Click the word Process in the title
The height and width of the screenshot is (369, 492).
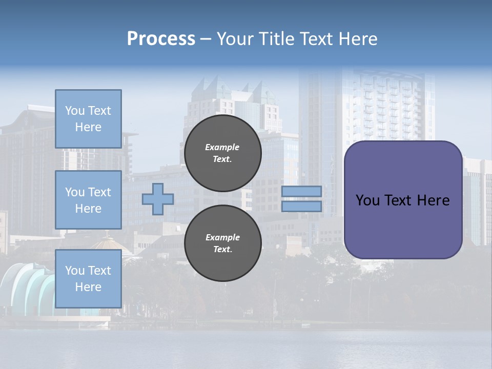pos(161,39)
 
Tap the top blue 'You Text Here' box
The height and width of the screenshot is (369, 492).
pos(88,119)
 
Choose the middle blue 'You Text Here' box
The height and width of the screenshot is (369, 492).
pos(88,200)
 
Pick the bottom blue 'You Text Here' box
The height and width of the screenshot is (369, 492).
pos(88,278)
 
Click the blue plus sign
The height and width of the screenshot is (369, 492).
pos(158,199)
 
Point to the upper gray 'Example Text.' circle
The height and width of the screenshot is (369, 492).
pos(222,153)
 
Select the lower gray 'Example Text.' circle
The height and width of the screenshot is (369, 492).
pos(222,243)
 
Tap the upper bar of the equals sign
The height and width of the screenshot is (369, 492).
pos(301,191)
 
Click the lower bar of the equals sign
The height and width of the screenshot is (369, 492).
pos(301,206)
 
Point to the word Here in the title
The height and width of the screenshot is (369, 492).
pos(358,39)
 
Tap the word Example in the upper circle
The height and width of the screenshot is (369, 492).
pos(222,148)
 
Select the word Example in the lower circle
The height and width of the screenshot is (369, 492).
pos(222,237)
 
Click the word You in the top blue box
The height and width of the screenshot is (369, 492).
pos(75,111)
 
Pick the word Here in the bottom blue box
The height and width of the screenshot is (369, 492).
pos(88,287)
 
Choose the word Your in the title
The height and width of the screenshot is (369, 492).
pos(235,39)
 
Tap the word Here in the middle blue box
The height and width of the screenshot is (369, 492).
pos(88,209)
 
